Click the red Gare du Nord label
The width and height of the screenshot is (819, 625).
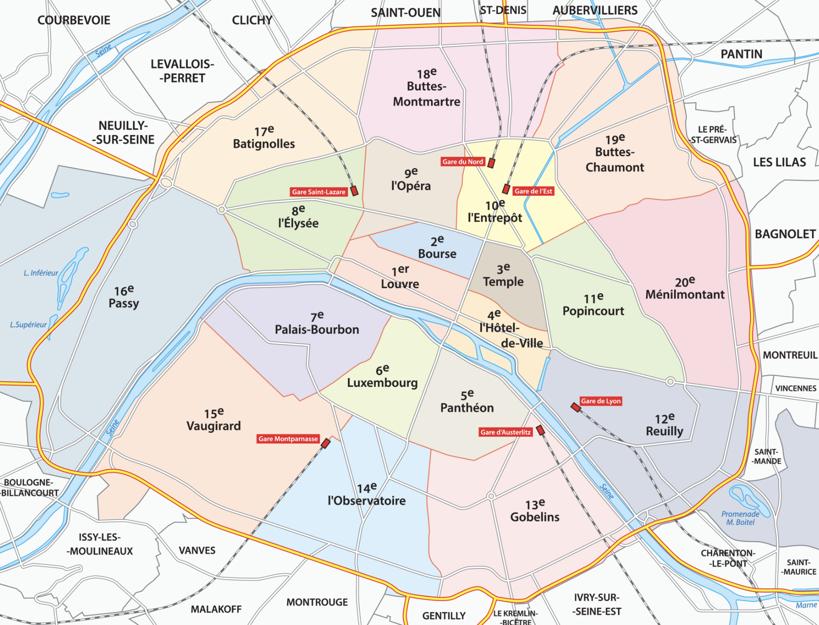463,162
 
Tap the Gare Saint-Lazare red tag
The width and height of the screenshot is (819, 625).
318,192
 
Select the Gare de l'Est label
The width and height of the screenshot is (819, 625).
533,191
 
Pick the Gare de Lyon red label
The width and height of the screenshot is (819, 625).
600,401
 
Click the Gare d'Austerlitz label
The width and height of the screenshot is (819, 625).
505,432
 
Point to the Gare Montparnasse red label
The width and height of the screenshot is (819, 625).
288,439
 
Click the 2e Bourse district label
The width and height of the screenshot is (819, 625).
437,248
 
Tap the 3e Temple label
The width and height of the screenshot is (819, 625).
503,276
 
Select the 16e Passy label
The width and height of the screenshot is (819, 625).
124,297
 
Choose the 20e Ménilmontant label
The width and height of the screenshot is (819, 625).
685,289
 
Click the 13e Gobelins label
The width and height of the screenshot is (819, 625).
535,511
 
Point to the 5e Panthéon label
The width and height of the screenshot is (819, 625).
467,402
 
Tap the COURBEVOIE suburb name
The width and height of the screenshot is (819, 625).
74,20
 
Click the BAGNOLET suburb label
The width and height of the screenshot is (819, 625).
785,234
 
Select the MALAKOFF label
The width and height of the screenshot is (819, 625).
216,609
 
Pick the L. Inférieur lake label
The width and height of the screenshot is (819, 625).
41,273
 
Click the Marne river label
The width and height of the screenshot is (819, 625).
806,605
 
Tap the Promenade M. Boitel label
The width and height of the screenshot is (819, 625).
740,518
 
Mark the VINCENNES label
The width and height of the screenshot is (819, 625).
796,389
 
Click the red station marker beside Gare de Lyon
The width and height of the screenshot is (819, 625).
576,407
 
